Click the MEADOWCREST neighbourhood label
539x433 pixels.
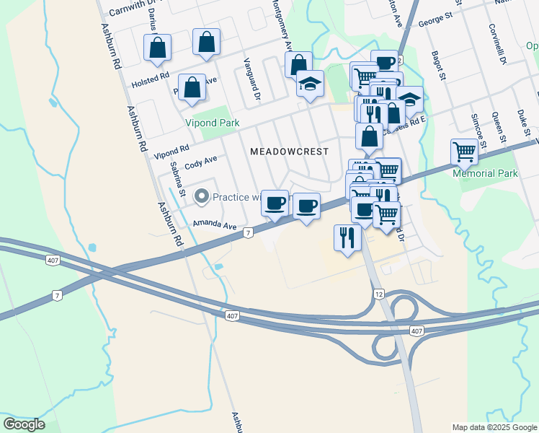coord(289,152)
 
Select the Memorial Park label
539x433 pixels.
coord(485,173)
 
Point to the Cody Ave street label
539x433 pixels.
coord(200,162)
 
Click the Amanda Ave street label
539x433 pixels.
coord(214,226)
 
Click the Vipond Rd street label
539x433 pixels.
coord(171,151)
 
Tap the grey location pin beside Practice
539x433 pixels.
coord(202,196)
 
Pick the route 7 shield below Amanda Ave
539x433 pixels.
coord(247,233)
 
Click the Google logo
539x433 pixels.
coord(24,424)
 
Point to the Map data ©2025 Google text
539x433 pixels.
coord(494,427)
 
